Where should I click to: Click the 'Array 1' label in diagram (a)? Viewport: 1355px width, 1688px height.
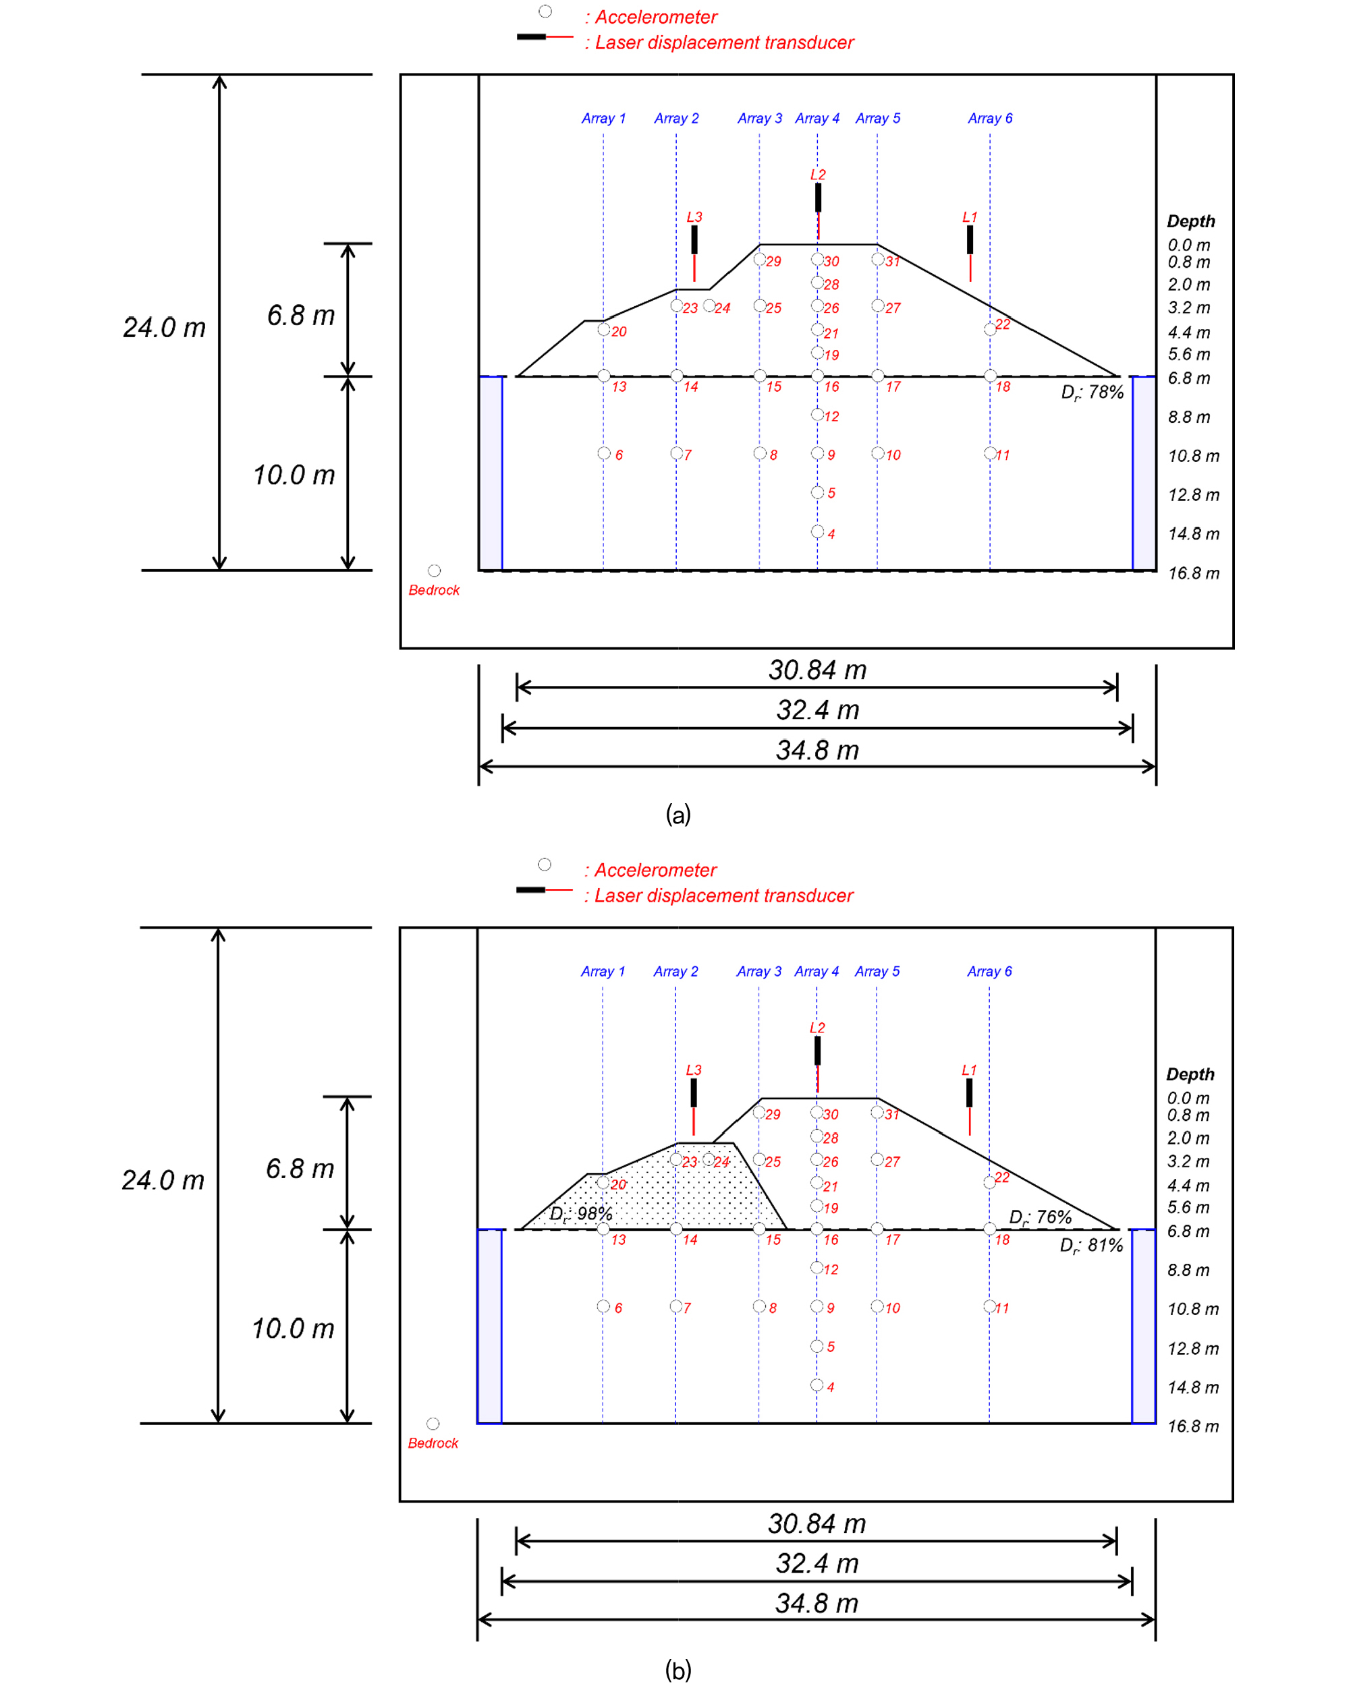[x=603, y=118]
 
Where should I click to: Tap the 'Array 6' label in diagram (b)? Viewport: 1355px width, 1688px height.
[x=989, y=971]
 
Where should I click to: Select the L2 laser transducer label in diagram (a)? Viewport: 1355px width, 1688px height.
[x=818, y=175]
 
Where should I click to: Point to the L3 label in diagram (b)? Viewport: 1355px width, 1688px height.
[x=694, y=1070]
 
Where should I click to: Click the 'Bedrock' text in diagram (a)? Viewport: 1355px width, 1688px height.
[x=434, y=589]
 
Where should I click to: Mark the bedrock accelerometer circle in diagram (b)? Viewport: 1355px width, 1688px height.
[x=433, y=1424]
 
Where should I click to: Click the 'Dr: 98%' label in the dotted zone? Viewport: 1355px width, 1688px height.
[x=581, y=1213]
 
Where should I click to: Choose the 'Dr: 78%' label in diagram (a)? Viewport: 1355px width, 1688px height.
[x=1093, y=392]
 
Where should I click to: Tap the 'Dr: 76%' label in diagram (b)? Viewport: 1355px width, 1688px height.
[x=1040, y=1217]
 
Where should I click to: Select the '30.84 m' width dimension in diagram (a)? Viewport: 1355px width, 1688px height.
[x=817, y=670]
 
